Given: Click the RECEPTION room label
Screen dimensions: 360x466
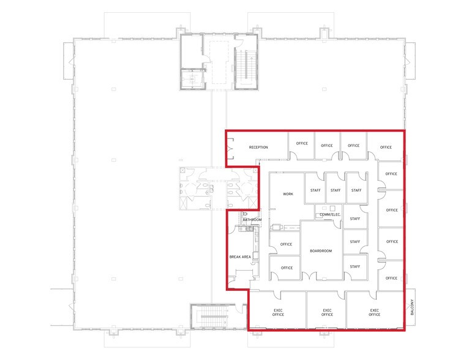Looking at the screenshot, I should point(258,148).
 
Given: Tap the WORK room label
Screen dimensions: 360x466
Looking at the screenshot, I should point(288,194).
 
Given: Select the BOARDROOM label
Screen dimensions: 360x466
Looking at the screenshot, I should point(320,251).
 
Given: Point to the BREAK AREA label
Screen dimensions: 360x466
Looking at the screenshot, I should point(239,257).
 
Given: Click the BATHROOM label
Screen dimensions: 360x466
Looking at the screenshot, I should point(252,219).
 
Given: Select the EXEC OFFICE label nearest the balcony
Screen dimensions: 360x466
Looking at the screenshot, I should point(375,313).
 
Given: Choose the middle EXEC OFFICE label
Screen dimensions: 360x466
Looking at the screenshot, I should point(327,313).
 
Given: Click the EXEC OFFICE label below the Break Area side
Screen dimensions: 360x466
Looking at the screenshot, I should point(279,313).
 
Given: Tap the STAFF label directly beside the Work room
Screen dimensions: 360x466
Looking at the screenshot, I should point(315,190).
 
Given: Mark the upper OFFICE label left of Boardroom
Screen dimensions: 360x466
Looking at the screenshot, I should point(286,244).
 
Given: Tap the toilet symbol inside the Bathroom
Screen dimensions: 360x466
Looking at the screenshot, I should point(244,213).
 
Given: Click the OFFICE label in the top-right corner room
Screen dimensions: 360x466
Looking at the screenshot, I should point(386,148).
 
